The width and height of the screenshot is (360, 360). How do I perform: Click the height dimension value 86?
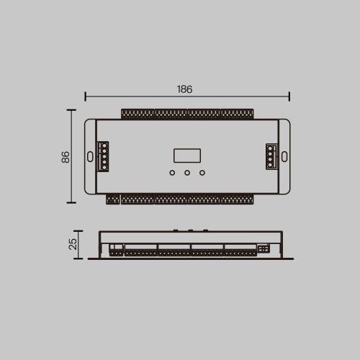click(65, 156)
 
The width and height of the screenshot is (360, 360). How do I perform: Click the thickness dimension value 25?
click(73, 243)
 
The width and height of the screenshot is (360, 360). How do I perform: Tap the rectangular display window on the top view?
click(187, 156)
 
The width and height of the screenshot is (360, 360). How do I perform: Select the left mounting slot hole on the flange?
click(90, 156)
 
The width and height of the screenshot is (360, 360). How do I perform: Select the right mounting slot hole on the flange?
click(284, 156)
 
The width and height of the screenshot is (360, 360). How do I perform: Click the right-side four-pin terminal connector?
click(271, 156)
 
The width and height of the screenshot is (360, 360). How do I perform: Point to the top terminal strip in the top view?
click(187, 114)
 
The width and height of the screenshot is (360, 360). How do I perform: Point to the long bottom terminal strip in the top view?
click(187, 199)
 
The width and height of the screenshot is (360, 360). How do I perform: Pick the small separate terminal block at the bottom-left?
click(112, 199)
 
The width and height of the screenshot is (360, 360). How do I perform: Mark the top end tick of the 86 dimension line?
click(71, 110)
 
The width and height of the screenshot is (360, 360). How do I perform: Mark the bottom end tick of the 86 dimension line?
click(71, 203)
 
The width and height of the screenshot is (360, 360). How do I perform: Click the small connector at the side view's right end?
click(263, 248)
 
